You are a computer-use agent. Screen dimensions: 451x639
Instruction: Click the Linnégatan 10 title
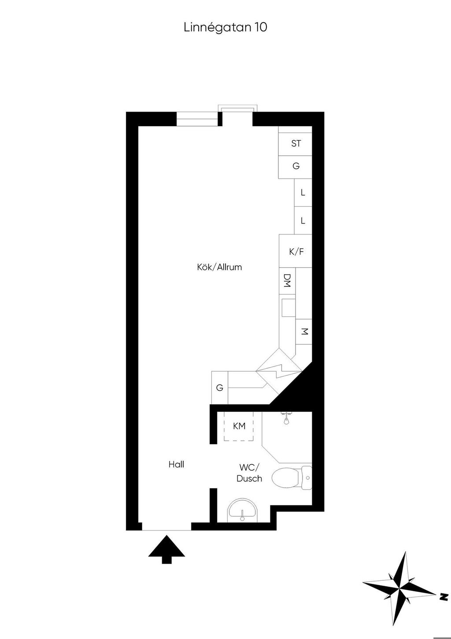pos(225,28)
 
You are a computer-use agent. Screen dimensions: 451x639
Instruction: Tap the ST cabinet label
pos(296,143)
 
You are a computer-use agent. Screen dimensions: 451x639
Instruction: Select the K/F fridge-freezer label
pos(296,252)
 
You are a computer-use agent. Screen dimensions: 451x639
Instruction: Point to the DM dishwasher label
pos(287,280)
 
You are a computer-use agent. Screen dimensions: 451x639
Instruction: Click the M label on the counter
pos(304,332)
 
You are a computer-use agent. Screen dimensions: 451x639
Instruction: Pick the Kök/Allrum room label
pos(219,267)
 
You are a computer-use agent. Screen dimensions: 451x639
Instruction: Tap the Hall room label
pos(176,464)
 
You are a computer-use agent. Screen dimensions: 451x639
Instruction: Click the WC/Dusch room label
pos(249,473)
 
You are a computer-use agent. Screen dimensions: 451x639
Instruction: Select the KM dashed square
pos(239,426)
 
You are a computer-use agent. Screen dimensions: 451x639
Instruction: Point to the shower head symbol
pos(286,418)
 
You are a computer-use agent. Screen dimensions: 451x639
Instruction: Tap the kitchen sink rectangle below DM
pos(288,307)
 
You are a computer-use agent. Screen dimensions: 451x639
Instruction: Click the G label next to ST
pos(296,166)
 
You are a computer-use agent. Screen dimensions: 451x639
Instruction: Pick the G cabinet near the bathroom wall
pos(219,388)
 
